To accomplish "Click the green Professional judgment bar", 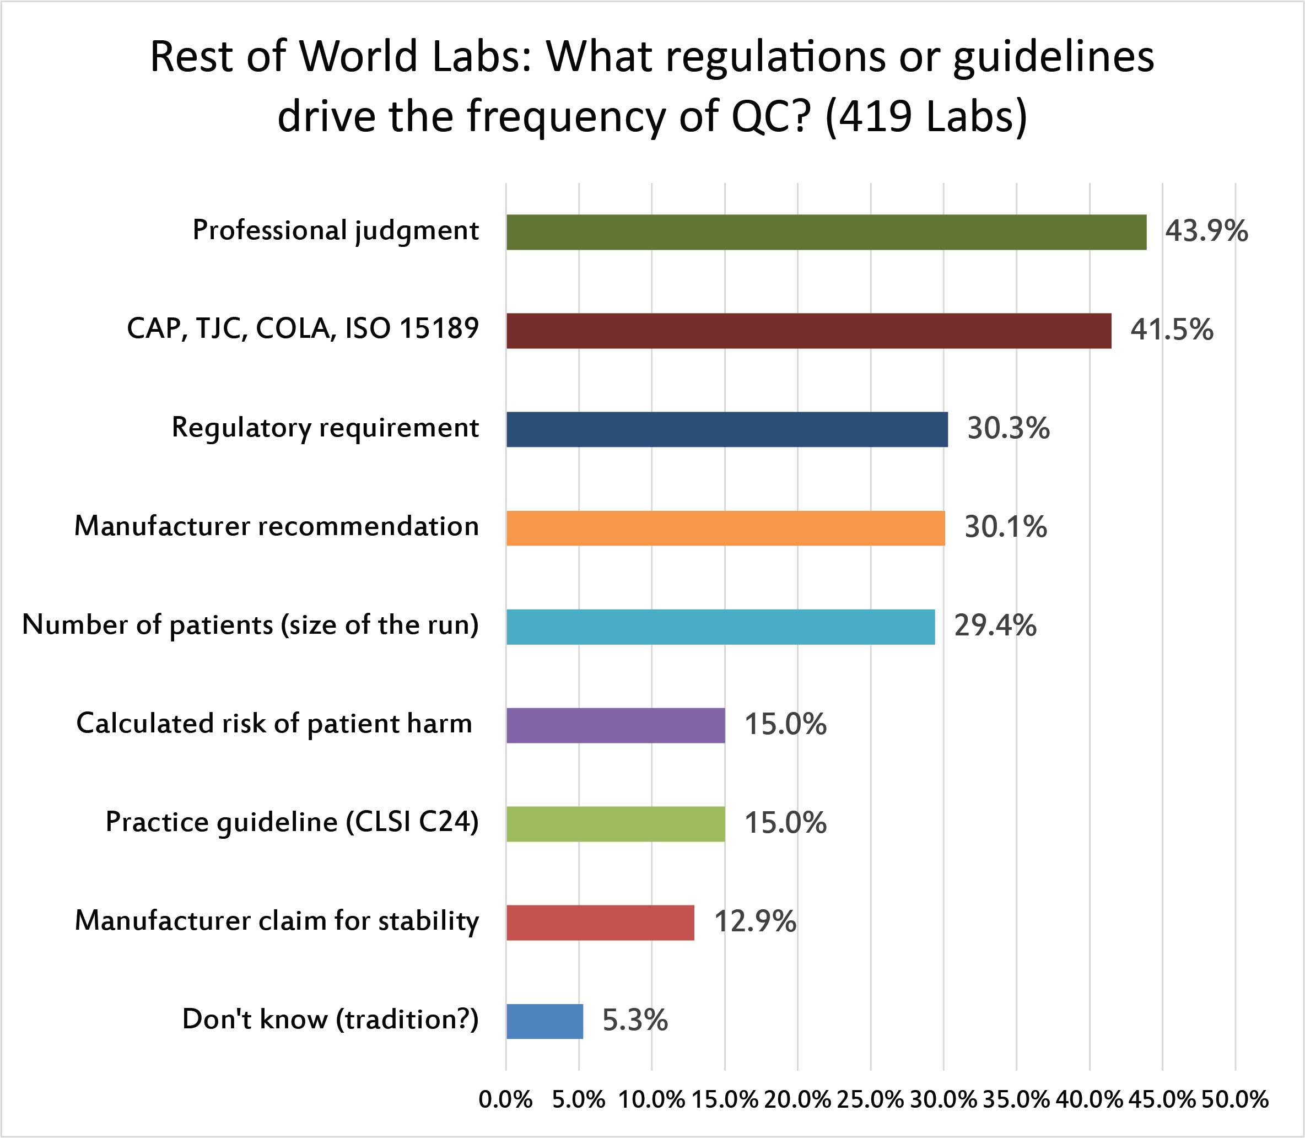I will click(x=826, y=233).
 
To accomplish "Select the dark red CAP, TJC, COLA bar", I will click(x=808, y=331).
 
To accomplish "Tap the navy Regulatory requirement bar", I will click(x=726, y=429).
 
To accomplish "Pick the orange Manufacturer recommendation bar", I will click(x=725, y=528).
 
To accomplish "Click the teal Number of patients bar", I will click(x=720, y=627).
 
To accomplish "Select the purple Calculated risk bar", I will click(x=616, y=725).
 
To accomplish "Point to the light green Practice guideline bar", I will click(x=616, y=824).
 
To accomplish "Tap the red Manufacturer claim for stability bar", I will click(x=600, y=922).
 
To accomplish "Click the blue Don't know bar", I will click(x=544, y=1021).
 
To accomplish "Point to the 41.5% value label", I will click(x=1171, y=330).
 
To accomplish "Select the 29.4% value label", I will click(x=995, y=626).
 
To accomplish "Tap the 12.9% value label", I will click(x=755, y=921).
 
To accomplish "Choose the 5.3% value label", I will click(x=635, y=1021).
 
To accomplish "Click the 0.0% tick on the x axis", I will click(x=505, y=1099).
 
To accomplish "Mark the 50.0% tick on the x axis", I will click(x=1234, y=1099).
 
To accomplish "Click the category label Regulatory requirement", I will click(x=325, y=428).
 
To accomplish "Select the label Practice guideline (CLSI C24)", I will click(x=292, y=822).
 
